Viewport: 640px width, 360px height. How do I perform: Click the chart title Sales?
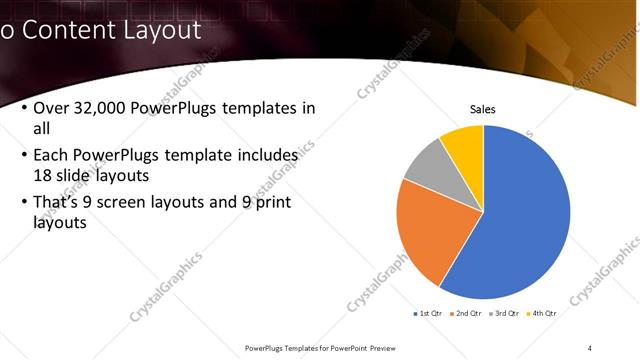point(483,110)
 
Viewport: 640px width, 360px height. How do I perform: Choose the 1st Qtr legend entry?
point(430,313)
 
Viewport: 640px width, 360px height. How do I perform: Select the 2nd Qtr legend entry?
point(468,313)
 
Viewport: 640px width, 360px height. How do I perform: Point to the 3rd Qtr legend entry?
point(505,313)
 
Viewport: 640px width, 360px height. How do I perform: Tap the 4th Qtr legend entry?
point(542,313)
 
